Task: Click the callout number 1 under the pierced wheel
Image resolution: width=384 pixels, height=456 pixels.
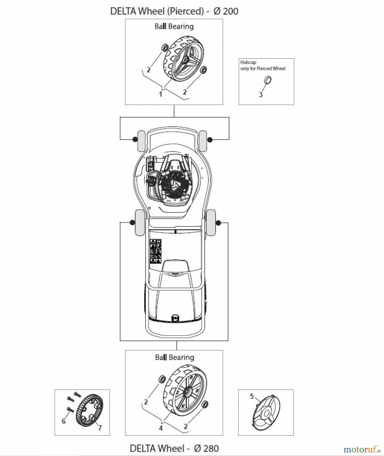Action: point(160,94)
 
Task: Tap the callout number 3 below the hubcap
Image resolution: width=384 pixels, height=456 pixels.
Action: point(261,95)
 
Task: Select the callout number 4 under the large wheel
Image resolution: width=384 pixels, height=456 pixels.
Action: point(161,428)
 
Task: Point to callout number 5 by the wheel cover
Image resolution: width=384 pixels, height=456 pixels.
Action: point(252,396)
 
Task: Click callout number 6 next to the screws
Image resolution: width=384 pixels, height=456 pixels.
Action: point(64,421)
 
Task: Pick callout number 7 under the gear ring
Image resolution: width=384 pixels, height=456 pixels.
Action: point(100,428)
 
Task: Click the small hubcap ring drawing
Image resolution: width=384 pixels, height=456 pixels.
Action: point(268,80)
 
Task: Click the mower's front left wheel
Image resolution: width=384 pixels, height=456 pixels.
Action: point(141,141)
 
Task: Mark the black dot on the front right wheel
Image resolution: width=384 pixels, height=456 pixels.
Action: point(210,139)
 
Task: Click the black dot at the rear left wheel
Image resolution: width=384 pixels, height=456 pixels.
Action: point(132,222)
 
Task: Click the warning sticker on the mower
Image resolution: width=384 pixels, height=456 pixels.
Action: point(156,251)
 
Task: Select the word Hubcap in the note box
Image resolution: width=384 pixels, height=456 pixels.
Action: point(248,62)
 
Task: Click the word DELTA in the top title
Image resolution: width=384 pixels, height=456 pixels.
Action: point(123,11)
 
